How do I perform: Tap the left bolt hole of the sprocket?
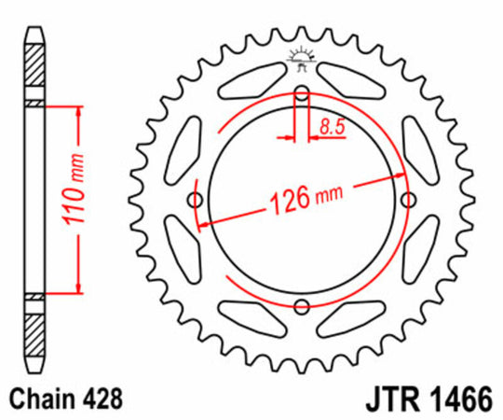[x=195, y=200]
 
